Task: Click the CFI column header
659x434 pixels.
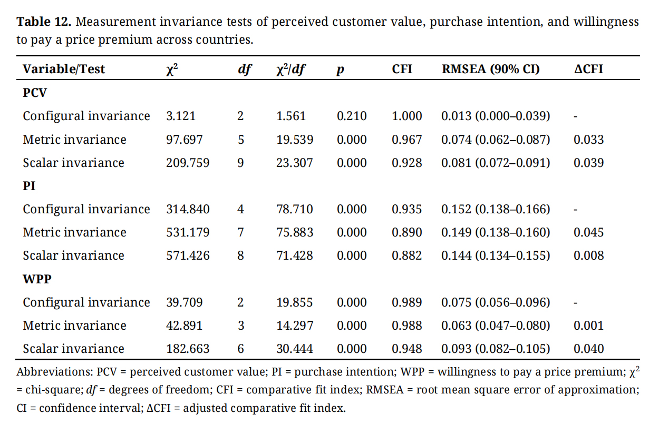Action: (x=402, y=69)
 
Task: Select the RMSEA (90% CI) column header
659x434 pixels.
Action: (x=490, y=69)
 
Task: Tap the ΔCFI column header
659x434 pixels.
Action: (x=588, y=69)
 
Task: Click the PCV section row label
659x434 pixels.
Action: (x=35, y=93)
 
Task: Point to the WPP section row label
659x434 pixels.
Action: (x=37, y=279)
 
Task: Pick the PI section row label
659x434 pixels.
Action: (x=29, y=186)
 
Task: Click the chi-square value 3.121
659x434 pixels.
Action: (x=181, y=116)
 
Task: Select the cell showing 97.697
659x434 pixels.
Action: (x=185, y=140)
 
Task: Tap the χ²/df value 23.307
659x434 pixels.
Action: (x=294, y=163)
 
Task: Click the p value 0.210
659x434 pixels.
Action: (x=352, y=116)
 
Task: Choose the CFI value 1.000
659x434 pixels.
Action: (x=406, y=116)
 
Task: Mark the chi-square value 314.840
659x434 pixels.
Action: (x=188, y=209)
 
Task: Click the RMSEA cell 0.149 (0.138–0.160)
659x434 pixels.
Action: (x=496, y=232)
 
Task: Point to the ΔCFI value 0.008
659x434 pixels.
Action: (x=588, y=255)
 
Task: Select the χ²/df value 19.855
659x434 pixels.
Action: (x=294, y=302)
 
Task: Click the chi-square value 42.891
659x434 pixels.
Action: (x=185, y=325)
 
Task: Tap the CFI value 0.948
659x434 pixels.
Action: (x=406, y=349)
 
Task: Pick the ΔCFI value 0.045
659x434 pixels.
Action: (x=588, y=232)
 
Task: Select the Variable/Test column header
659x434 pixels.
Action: (x=64, y=69)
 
